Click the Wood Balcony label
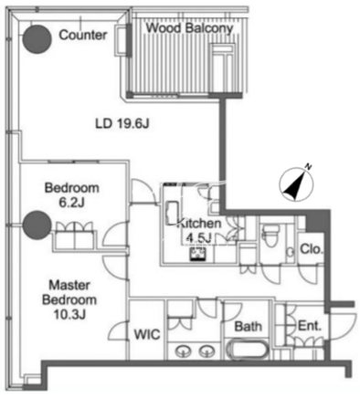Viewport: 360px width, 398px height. tap(189, 28)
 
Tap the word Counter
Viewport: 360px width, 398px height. tap(83, 35)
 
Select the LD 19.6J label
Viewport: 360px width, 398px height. tap(122, 124)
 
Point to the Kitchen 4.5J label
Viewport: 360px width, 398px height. tap(198, 230)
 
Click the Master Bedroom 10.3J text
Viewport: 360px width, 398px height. tap(69, 299)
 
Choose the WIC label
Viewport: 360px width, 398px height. tap(147, 335)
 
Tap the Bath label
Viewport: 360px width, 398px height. tap(249, 327)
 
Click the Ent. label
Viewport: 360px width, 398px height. tap(310, 326)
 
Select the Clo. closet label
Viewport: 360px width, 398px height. tap(311, 249)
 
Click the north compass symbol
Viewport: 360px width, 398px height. tap(296, 184)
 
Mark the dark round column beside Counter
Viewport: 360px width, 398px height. tap(37, 39)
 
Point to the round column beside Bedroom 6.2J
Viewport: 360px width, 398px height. tap(37, 225)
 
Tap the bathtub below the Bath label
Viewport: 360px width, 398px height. tap(248, 350)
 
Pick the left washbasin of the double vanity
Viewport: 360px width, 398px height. tap(183, 351)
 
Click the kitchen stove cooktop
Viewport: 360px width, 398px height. tap(198, 254)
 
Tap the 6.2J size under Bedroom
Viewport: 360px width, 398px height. tap(71, 202)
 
